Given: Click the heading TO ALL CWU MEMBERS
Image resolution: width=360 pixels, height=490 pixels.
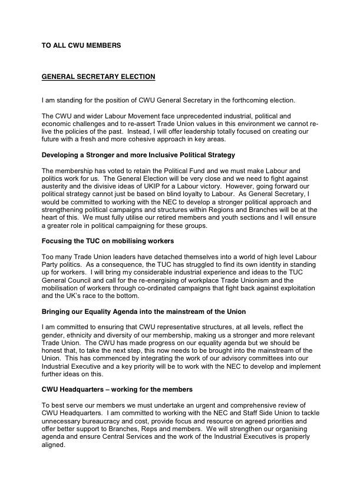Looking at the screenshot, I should [x=81, y=45].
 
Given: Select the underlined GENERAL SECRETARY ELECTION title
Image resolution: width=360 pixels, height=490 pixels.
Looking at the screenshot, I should [x=98, y=77].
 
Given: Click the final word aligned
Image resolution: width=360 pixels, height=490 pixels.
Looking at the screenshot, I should [x=54, y=445].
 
